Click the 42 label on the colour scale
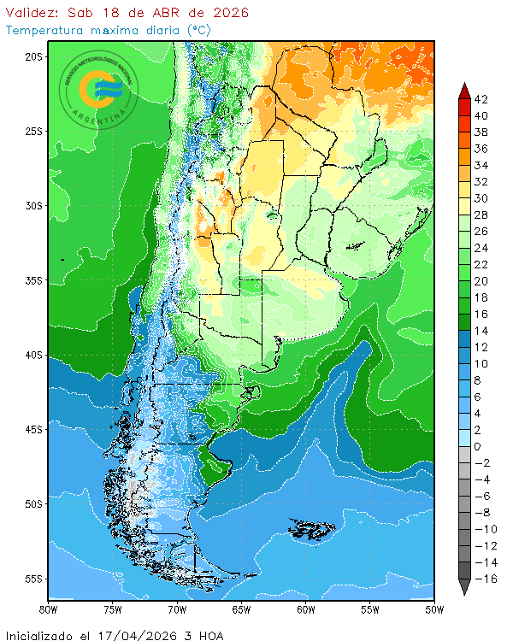point(481,99)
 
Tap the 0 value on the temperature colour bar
point(477,447)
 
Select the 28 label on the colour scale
point(481,215)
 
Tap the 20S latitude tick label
point(33,56)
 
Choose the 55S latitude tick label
point(33,579)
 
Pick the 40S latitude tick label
point(33,355)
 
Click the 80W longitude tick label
point(49,610)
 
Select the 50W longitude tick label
point(434,610)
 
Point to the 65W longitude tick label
point(241,610)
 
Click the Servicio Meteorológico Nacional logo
point(97,89)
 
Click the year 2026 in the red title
point(230,13)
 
